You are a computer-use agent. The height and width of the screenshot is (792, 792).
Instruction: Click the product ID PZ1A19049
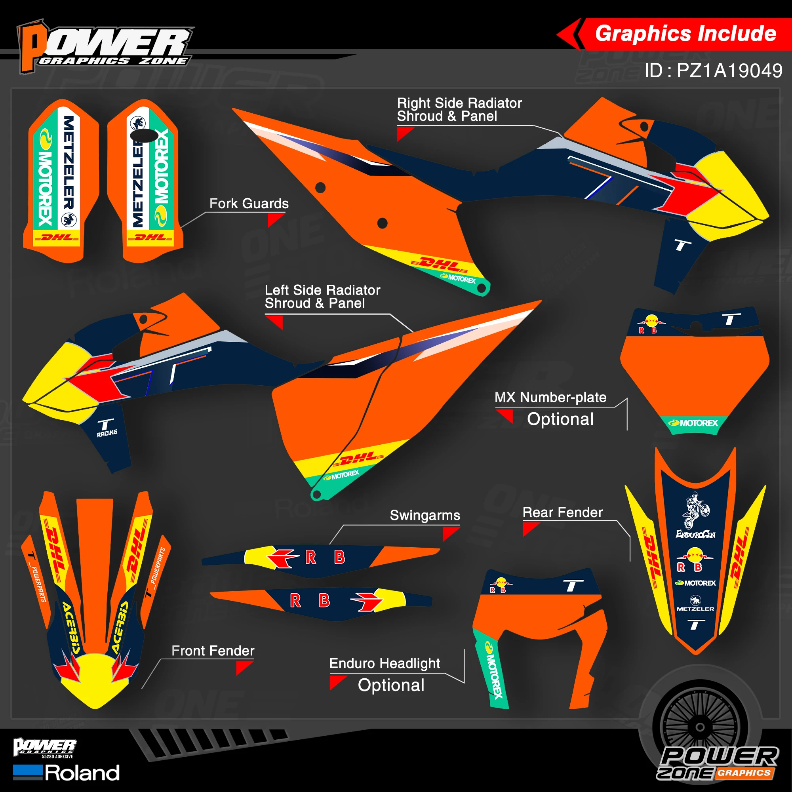pyautogui.click(x=713, y=70)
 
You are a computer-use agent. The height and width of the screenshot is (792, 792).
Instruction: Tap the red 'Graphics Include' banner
pyautogui.click(x=685, y=34)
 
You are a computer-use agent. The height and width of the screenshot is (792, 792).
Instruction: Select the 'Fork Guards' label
pyautogui.click(x=249, y=203)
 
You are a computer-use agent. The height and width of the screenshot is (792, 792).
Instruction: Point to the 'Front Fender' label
pyautogui.click(x=213, y=651)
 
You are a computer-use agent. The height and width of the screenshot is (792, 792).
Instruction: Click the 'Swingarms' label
pyautogui.click(x=425, y=515)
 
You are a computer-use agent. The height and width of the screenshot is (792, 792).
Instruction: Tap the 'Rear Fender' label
pyautogui.click(x=562, y=512)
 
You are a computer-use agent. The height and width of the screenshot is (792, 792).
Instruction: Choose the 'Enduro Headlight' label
pyautogui.click(x=385, y=663)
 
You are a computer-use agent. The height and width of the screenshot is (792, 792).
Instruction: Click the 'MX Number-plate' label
pyautogui.click(x=550, y=397)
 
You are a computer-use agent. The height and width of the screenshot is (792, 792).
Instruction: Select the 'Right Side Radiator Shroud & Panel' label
pyautogui.click(x=459, y=109)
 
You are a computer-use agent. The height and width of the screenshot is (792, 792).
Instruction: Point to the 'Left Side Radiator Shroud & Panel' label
pyautogui.click(x=322, y=296)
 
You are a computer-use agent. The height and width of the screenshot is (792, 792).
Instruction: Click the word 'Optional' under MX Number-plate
pyautogui.click(x=560, y=419)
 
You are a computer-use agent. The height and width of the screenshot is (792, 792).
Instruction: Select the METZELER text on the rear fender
pyautogui.click(x=695, y=609)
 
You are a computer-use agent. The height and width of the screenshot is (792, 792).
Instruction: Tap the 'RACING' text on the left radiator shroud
pyautogui.click(x=107, y=432)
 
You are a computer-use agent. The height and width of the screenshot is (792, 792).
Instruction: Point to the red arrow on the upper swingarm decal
pyautogui.click(x=282, y=558)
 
